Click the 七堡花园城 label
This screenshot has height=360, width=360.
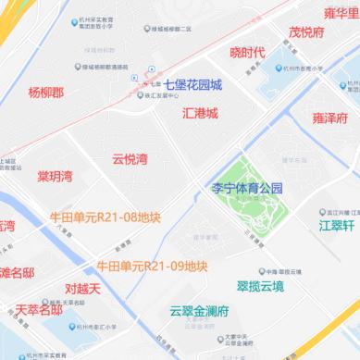(192, 84)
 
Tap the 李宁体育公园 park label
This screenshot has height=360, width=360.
(247, 188)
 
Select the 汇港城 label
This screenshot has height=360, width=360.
(200, 113)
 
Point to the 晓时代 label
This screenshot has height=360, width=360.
(247, 52)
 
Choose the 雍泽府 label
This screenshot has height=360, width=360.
(330, 118)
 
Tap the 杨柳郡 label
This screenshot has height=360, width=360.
(46, 93)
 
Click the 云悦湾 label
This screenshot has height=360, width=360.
(130, 159)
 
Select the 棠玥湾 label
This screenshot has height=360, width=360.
(55, 176)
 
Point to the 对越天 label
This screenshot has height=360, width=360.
(82, 289)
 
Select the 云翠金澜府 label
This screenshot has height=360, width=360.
(199, 309)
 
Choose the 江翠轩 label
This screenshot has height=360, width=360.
(337, 225)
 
